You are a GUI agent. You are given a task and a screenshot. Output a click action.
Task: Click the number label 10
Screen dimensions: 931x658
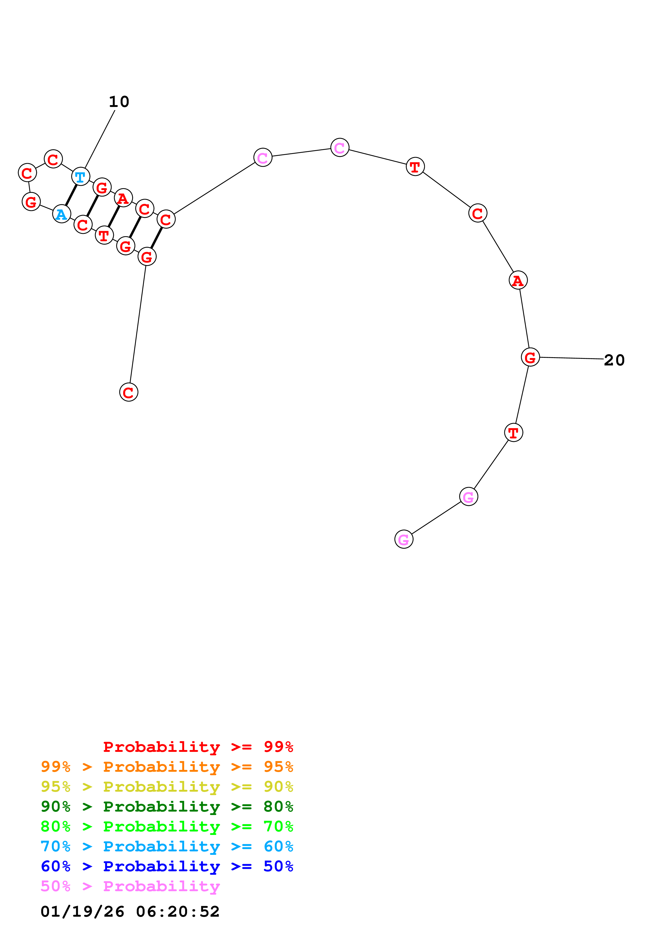point(119,102)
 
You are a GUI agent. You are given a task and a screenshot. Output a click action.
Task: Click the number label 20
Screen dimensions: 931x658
point(614,360)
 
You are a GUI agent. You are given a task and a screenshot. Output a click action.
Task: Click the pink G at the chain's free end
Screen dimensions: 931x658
point(403,539)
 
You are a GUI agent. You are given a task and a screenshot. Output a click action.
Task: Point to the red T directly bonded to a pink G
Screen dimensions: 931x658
point(513,433)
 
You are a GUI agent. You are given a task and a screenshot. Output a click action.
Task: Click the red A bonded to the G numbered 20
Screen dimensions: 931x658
point(518,280)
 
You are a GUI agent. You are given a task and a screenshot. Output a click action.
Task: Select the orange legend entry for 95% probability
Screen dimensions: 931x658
point(167,767)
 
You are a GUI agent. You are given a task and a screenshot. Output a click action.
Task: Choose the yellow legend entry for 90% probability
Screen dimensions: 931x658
point(167,787)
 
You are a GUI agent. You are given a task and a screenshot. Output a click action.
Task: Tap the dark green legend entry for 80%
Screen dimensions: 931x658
point(167,807)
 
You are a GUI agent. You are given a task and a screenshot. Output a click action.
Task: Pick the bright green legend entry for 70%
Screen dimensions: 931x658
point(167,826)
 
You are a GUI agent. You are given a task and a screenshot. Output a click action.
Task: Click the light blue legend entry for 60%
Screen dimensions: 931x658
point(167,846)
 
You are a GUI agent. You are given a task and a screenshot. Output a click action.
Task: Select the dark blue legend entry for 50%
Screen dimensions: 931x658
point(167,866)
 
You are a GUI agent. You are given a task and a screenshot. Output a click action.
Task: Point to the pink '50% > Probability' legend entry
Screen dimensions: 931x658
point(130,886)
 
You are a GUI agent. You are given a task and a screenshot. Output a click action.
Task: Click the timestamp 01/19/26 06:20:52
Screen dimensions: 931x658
point(130,912)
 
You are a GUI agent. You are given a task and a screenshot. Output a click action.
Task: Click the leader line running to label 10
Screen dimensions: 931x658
point(100,139)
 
